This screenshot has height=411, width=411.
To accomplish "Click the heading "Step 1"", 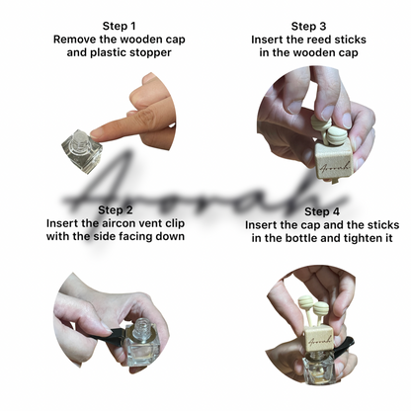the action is tap(119, 26).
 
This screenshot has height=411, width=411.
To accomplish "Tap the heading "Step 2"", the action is tap(115, 209).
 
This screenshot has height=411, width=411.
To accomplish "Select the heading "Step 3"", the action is tap(308, 26).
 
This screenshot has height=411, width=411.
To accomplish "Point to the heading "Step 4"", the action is tap(322, 211).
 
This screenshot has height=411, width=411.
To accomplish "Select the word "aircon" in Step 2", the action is tap(121, 223).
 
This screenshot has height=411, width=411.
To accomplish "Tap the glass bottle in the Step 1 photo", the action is tap(82, 151).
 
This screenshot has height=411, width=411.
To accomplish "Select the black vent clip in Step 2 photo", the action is tap(117, 333).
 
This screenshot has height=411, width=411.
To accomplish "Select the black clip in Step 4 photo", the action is tap(344, 345).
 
